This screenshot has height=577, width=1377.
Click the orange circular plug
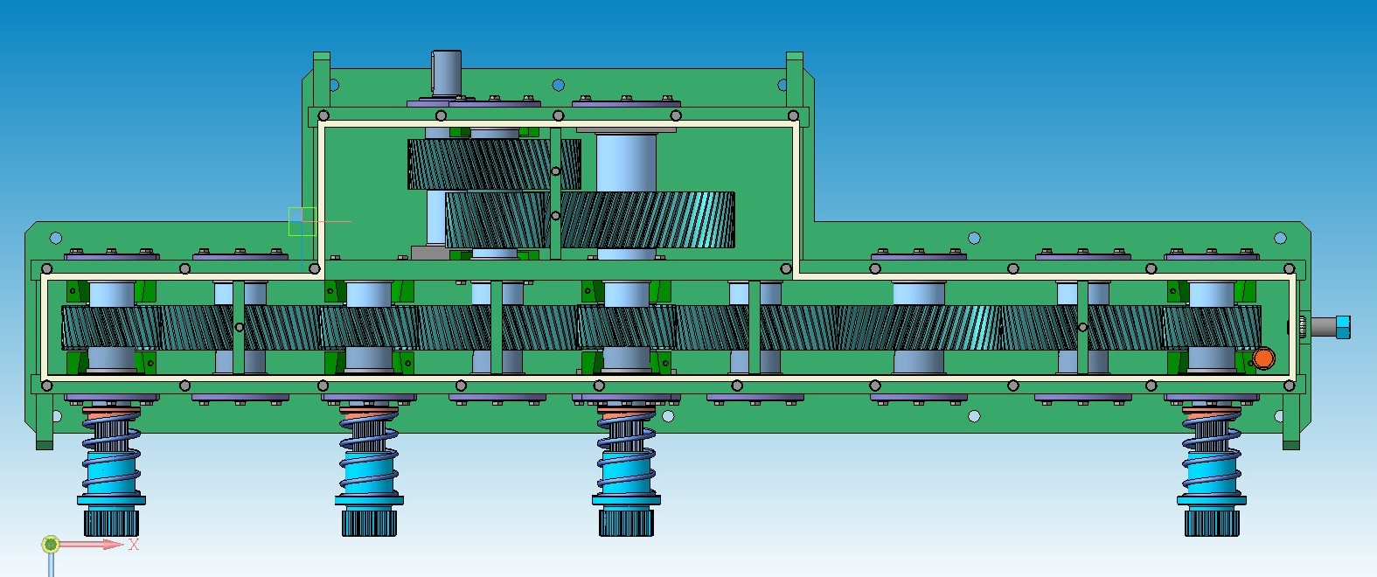(x=1263, y=358)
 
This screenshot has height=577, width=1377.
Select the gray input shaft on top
(x=447, y=73)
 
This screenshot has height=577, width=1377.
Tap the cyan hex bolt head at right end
(x=1343, y=326)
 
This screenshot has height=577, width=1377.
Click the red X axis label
(x=134, y=545)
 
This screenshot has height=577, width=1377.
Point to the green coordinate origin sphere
(x=51, y=544)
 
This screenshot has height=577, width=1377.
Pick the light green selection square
(x=302, y=221)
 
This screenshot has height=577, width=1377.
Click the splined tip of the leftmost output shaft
(x=111, y=522)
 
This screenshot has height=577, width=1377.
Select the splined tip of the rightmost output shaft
(x=1212, y=522)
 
